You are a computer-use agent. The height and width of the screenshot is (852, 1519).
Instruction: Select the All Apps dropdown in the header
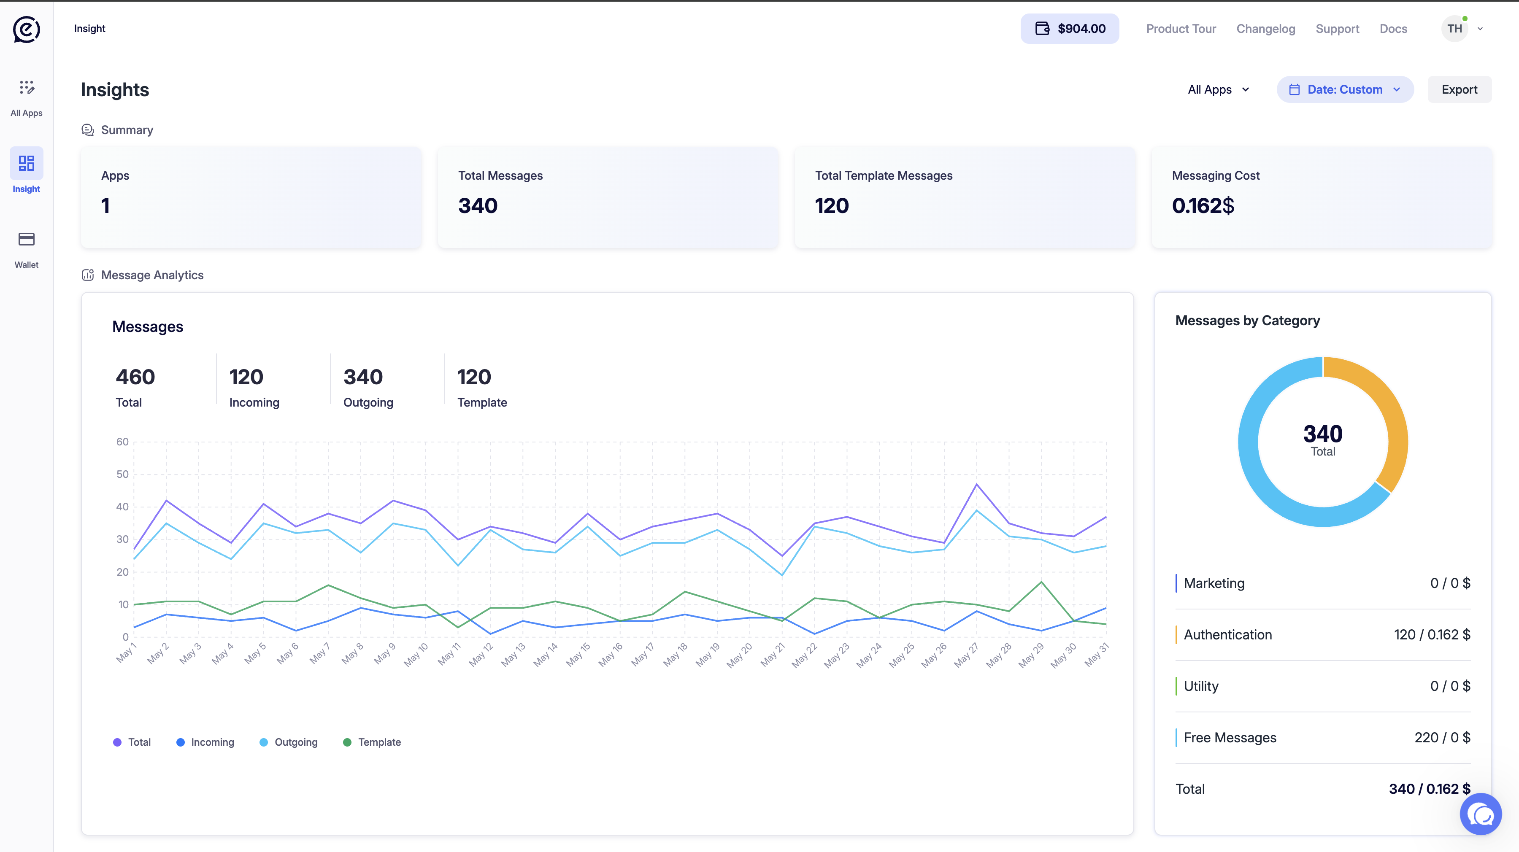(1218, 89)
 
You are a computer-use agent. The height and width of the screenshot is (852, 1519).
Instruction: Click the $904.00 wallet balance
(1070, 28)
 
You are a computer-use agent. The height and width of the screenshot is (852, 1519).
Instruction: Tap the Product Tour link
(1181, 29)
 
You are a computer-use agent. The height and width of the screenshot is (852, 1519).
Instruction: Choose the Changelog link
(1265, 29)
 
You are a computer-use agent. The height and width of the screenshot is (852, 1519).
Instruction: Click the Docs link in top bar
(1393, 29)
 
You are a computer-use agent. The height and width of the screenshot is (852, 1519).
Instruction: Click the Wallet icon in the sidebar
(27, 240)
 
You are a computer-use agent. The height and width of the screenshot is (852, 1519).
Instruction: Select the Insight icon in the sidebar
(27, 163)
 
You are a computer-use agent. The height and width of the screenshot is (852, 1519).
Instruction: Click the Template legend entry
(372, 742)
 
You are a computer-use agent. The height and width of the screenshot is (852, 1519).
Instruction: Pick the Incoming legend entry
(205, 742)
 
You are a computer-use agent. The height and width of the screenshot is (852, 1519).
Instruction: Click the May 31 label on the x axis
(1097, 655)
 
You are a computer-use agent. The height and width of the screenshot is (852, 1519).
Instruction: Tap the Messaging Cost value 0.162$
(1203, 206)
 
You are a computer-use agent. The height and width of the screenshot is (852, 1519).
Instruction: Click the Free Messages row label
(1230, 738)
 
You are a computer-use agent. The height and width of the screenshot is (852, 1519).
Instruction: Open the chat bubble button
(1481, 814)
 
